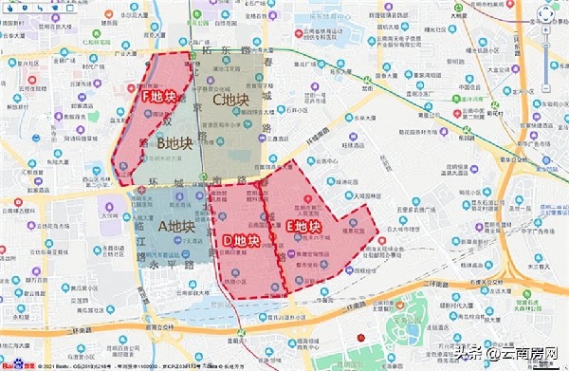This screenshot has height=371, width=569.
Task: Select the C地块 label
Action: click(x=229, y=99)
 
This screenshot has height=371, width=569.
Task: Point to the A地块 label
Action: click(x=175, y=226)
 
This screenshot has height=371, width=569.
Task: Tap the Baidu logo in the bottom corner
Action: click(x=13, y=363)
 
